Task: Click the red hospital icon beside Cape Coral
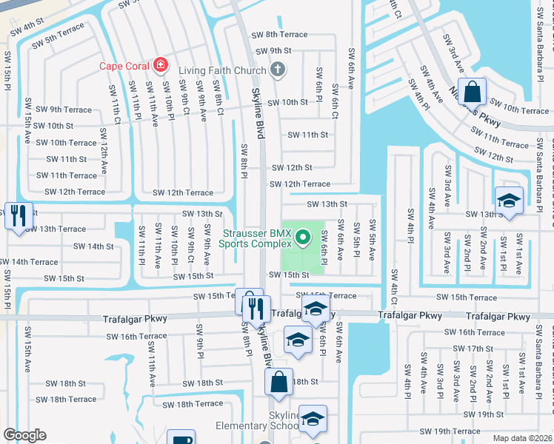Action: coord(159,65)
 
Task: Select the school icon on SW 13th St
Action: coord(509,201)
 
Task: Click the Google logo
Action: coord(24,435)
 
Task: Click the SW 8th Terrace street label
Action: coord(279,35)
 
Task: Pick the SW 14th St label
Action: coord(93,246)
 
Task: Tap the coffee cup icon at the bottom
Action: coord(181,438)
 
